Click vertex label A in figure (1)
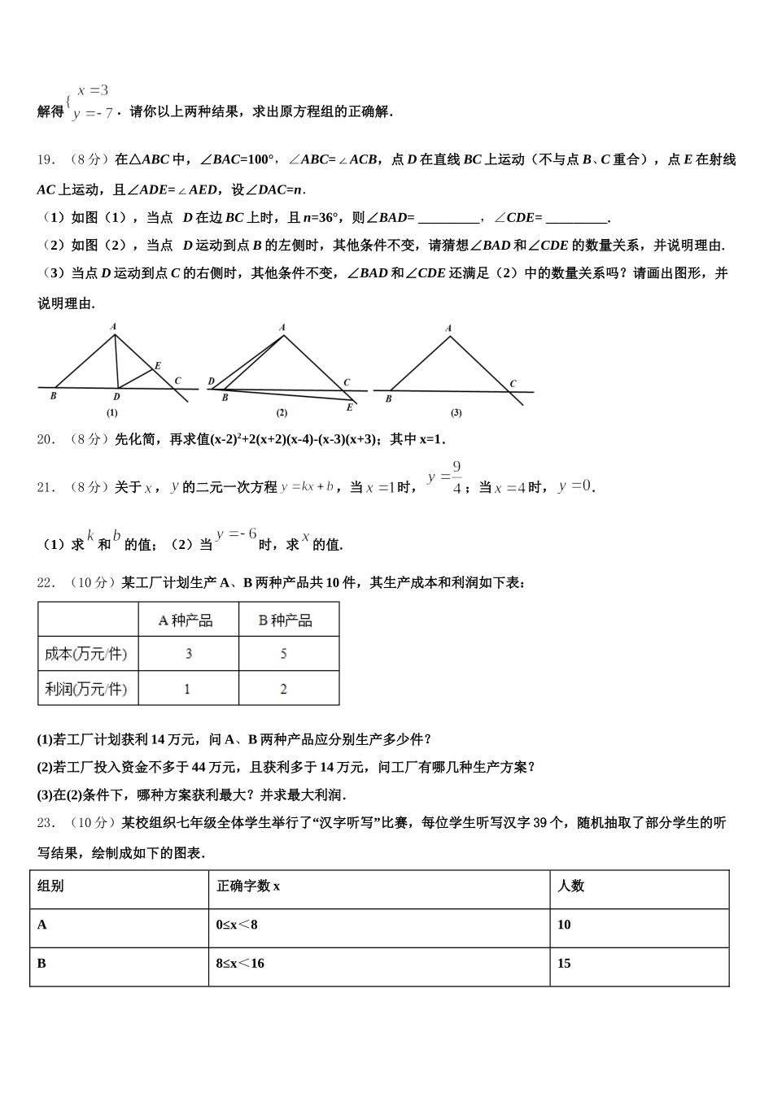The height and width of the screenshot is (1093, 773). [x=114, y=327]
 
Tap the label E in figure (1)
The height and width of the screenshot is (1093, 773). [x=158, y=366]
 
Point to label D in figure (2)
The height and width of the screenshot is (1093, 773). [x=212, y=381]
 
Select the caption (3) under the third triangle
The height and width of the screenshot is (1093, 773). [x=456, y=412]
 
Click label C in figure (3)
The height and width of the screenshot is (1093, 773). [x=513, y=383]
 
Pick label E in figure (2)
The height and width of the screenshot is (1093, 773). [x=350, y=407]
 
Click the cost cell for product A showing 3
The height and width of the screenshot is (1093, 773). [x=189, y=654]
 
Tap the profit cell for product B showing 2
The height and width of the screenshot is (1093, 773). [x=283, y=689]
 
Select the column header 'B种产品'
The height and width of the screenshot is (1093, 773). [x=285, y=621]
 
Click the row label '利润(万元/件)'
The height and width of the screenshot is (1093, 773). [x=86, y=689]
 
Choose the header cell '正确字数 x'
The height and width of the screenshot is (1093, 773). [x=248, y=886]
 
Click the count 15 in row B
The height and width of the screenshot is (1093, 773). [x=564, y=964]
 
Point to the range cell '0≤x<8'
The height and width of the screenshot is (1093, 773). [x=237, y=925]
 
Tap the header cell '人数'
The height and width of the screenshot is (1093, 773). [x=570, y=886]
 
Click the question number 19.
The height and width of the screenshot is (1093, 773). [x=46, y=160]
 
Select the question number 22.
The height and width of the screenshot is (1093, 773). [x=46, y=582]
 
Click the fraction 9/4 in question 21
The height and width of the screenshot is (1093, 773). [x=457, y=477]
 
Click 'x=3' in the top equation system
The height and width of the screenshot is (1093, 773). [x=93, y=91]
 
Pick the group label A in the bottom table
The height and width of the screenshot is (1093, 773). [x=42, y=925]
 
